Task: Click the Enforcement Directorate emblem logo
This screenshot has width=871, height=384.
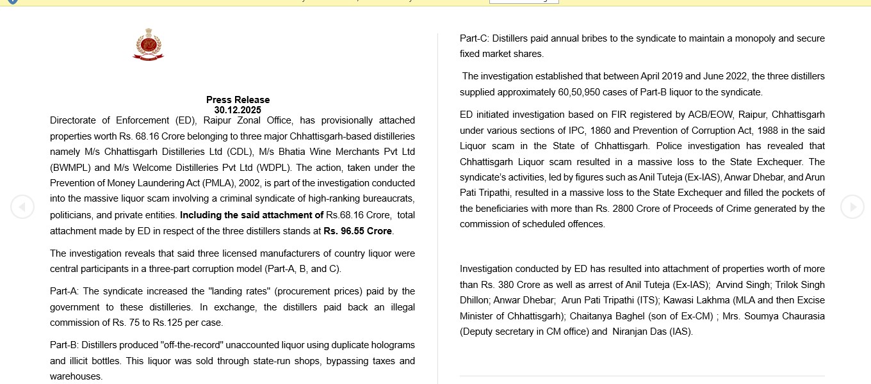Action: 148,45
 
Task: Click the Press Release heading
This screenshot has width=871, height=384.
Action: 238,100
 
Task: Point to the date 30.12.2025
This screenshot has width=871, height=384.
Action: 238,110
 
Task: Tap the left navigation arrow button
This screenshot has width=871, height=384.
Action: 22,207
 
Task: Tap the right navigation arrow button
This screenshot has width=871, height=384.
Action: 852,207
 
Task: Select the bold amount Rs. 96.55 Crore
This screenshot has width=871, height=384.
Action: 358,231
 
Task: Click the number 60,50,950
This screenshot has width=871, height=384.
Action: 579,92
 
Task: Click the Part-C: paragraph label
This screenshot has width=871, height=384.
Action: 475,38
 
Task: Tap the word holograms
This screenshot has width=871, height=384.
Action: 391,345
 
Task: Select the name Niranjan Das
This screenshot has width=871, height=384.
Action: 639,332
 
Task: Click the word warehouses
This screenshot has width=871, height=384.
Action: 76,376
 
